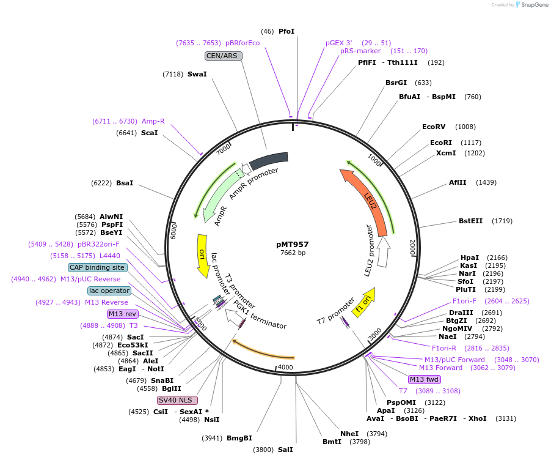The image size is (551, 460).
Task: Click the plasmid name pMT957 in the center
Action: [x=293, y=244]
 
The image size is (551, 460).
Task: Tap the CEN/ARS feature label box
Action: [x=224, y=56]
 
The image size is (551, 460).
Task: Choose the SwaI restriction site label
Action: [x=197, y=74]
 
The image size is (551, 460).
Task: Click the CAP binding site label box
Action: [x=97, y=267]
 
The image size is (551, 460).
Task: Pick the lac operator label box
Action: [x=109, y=291]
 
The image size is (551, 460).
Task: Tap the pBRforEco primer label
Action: [x=243, y=43]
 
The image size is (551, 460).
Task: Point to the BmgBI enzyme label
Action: [x=239, y=438]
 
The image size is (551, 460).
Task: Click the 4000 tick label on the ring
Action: [x=286, y=368]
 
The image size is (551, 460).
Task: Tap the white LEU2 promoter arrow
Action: [x=384, y=251]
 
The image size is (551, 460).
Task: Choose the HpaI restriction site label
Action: [x=470, y=258]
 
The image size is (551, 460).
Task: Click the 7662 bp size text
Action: [x=293, y=253]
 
